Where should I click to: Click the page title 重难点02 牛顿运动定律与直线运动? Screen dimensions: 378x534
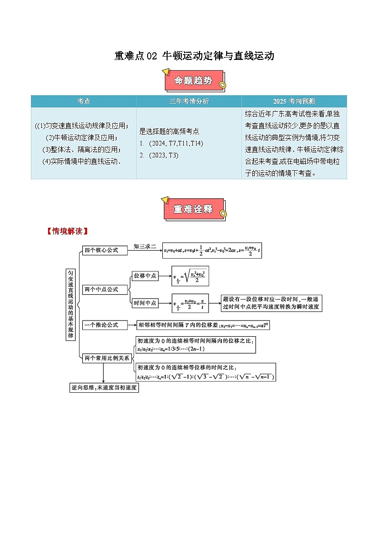[x=194, y=56]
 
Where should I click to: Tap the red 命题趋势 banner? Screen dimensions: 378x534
[x=193, y=81]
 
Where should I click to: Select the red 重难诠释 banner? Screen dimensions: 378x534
[x=193, y=209]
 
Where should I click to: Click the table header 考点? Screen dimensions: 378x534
[x=84, y=101]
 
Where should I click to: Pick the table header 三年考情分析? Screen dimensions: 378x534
[x=189, y=101]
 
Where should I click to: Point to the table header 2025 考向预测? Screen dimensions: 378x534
[x=294, y=101]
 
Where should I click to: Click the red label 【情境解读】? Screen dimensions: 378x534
[x=67, y=232]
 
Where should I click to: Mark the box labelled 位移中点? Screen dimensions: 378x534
[x=145, y=276]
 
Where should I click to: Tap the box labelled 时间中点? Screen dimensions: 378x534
[x=145, y=302]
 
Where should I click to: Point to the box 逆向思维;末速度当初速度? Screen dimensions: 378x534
[x=103, y=388]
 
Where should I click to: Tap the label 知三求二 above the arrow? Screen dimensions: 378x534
[x=144, y=246]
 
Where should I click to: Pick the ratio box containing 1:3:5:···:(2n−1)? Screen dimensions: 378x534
[x=195, y=345]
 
